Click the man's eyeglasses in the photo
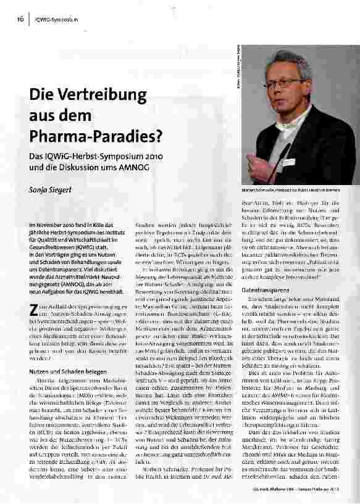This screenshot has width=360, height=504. pyautogui.click(x=287, y=81)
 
